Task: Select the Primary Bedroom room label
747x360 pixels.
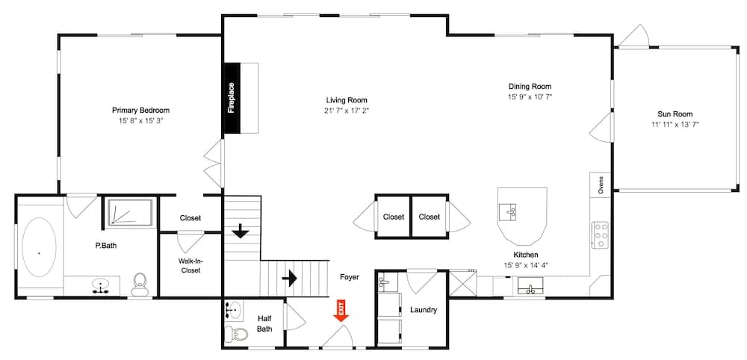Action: click(x=140, y=110)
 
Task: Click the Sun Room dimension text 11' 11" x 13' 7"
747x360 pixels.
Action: click(x=675, y=125)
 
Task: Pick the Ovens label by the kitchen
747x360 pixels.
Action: click(x=601, y=184)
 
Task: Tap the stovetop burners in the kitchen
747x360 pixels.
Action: click(x=600, y=235)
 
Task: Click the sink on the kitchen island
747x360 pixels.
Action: click(x=512, y=211)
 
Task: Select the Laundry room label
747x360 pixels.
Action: click(x=423, y=310)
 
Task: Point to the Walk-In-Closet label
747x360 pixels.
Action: click(x=190, y=265)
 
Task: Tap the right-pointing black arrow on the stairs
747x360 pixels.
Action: click(x=289, y=278)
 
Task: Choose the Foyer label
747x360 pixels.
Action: click(x=349, y=277)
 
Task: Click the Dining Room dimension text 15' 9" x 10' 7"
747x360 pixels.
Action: click(x=530, y=96)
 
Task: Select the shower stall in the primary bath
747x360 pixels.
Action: click(x=128, y=212)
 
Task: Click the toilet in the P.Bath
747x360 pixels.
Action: click(x=139, y=282)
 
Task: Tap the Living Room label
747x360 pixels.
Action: click(x=347, y=100)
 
